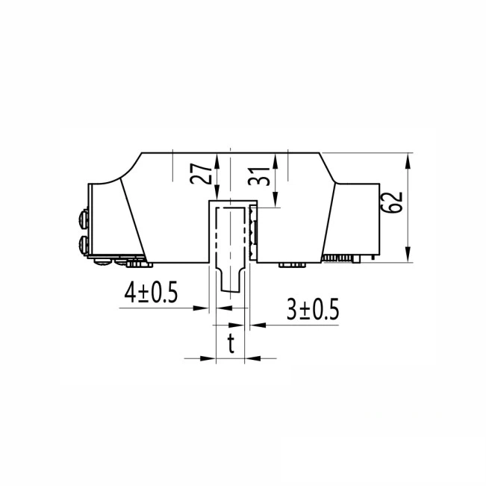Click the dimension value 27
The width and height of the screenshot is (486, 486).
pyautogui.click(x=199, y=175)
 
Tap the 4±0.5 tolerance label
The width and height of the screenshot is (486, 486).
pyautogui.click(x=151, y=293)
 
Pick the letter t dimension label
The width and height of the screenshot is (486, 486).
pyautogui.click(x=231, y=344)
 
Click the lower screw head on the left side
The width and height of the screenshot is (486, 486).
pyautogui.click(x=82, y=243)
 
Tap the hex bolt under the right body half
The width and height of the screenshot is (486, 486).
pyautogui.click(x=292, y=264)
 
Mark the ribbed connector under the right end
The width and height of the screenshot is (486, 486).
pyautogui.click(x=343, y=258)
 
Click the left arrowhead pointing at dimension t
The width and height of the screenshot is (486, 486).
pyautogui.click(x=210, y=358)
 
